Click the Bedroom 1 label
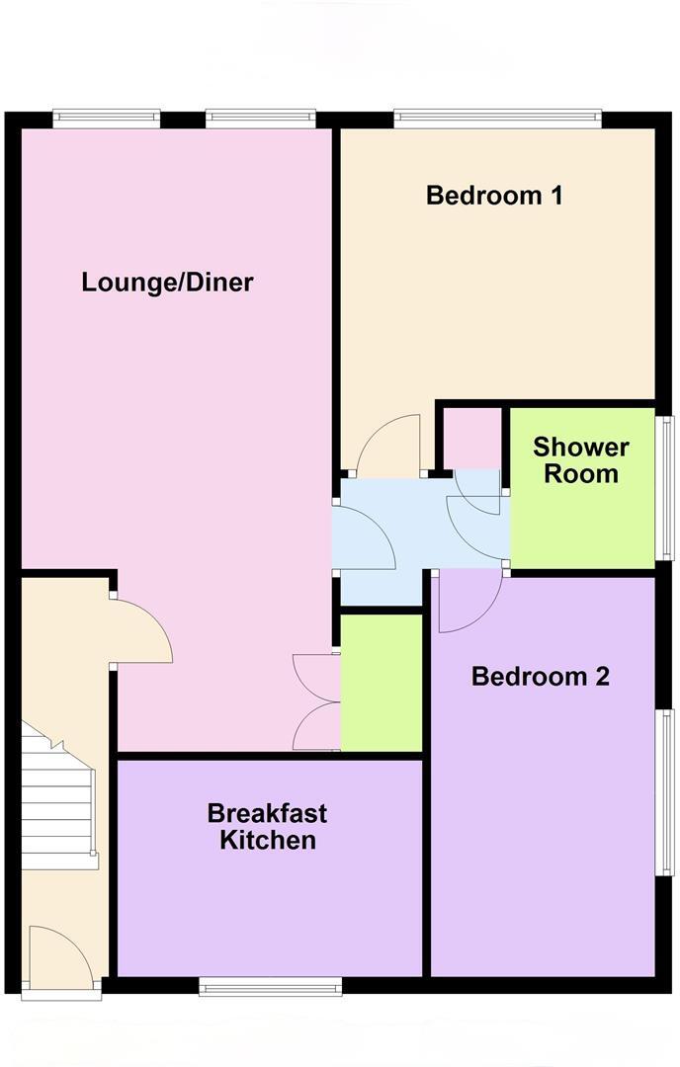tap(494, 195)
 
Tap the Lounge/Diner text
tap(167, 283)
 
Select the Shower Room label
tap(581, 459)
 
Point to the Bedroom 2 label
tap(540, 677)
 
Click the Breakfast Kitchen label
tap(268, 827)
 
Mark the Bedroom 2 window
tap(667, 791)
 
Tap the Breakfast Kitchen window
tap(270, 985)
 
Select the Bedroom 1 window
tap(497, 119)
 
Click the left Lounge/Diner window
tap(106, 119)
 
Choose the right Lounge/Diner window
tap(261, 119)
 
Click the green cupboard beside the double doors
tap(382, 682)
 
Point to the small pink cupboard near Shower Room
tap(470, 438)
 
